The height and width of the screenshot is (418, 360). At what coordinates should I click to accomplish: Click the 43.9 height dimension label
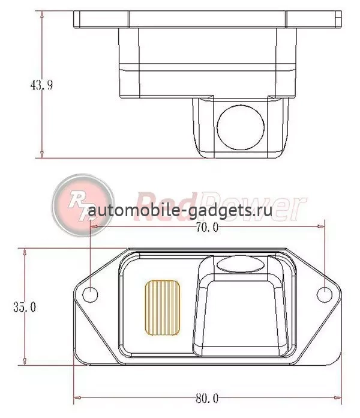coord(41,85)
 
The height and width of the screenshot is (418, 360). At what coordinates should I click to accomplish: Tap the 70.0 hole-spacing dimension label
coord(207,227)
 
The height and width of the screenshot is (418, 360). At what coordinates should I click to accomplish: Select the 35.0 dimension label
coord(25,307)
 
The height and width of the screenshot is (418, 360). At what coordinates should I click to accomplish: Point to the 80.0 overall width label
coord(207,398)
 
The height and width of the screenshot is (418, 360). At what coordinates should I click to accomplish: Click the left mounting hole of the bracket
coord(90,295)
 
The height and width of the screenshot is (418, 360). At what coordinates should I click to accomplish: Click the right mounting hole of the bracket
coord(325,295)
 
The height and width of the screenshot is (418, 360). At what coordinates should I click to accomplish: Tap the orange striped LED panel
coord(163,307)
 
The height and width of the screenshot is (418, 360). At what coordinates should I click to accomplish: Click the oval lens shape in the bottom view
coord(241,264)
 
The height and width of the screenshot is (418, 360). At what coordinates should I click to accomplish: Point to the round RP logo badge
coord(83,205)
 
